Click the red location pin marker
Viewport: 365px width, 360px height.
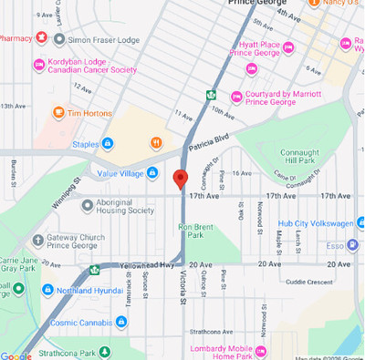pyautogui.click(x=181, y=178)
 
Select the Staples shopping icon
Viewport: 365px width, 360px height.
pyautogui.click(x=108, y=143)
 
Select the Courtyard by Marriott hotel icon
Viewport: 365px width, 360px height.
pyautogui.click(x=236, y=96)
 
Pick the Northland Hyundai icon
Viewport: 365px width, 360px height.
pyautogui.click(x=47, y=290)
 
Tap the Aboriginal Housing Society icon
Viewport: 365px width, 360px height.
pyautogui.click(x=88, y=205)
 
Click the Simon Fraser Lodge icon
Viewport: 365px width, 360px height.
pyautogui.click(x=59, y=39)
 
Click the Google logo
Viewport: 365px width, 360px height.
pyautogui.click(x=16, y=355)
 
